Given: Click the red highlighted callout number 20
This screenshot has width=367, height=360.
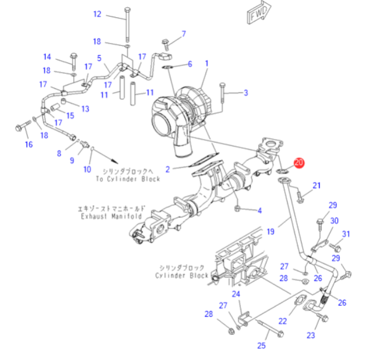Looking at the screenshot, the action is pyautogui.click(x=299, y=162).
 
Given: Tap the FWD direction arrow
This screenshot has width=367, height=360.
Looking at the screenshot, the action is pyautogui.click(x=259, y=13).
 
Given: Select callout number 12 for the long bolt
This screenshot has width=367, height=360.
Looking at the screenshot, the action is pyautogui.click(x=97, y=14).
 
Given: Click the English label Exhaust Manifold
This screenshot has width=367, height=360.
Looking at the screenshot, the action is pyautogui.click(x=112, y=216).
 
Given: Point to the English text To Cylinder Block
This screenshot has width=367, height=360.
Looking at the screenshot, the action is pyautogui.click(x=128, y=179).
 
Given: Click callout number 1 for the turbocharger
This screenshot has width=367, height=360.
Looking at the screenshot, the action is pyautogui.click(x=206, y=64).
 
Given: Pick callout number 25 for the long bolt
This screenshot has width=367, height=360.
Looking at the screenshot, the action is pyautogui.click(x=262, y=345).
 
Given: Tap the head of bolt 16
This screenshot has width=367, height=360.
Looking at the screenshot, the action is pyautogui.click(x=18, y=128).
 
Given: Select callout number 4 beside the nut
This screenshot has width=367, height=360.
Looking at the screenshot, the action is pyautogui.click(x=259, y=210).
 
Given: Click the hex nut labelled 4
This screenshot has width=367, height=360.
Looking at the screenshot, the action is pyautogui.click(x=237, y=208).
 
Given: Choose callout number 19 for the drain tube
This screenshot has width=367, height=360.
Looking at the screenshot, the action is pyautogui.click(x=271, y=232).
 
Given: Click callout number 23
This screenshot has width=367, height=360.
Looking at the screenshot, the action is pyautogui.click(x=311, y=335).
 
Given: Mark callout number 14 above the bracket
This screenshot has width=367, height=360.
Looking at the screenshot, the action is pyautogui.click(x=47, y=57).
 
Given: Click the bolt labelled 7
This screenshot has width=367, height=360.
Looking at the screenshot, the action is pyautogui.click(x=166, y=45).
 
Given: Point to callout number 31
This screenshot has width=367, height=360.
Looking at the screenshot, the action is pyautogui.click(x=346, y=234).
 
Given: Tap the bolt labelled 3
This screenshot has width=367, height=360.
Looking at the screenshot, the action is pyautogui.click(x=222, y=93).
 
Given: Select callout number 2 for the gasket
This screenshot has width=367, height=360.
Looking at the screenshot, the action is pyautogui.click(x=167, y=169).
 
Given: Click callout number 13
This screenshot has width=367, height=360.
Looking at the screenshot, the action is pyautogui.click(x=85, y=109).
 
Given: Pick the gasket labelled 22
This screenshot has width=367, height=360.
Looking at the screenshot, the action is pyautogui.click(x=300, y=301).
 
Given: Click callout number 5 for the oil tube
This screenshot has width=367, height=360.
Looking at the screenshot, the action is pyautogui.click(x=99, y=58).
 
